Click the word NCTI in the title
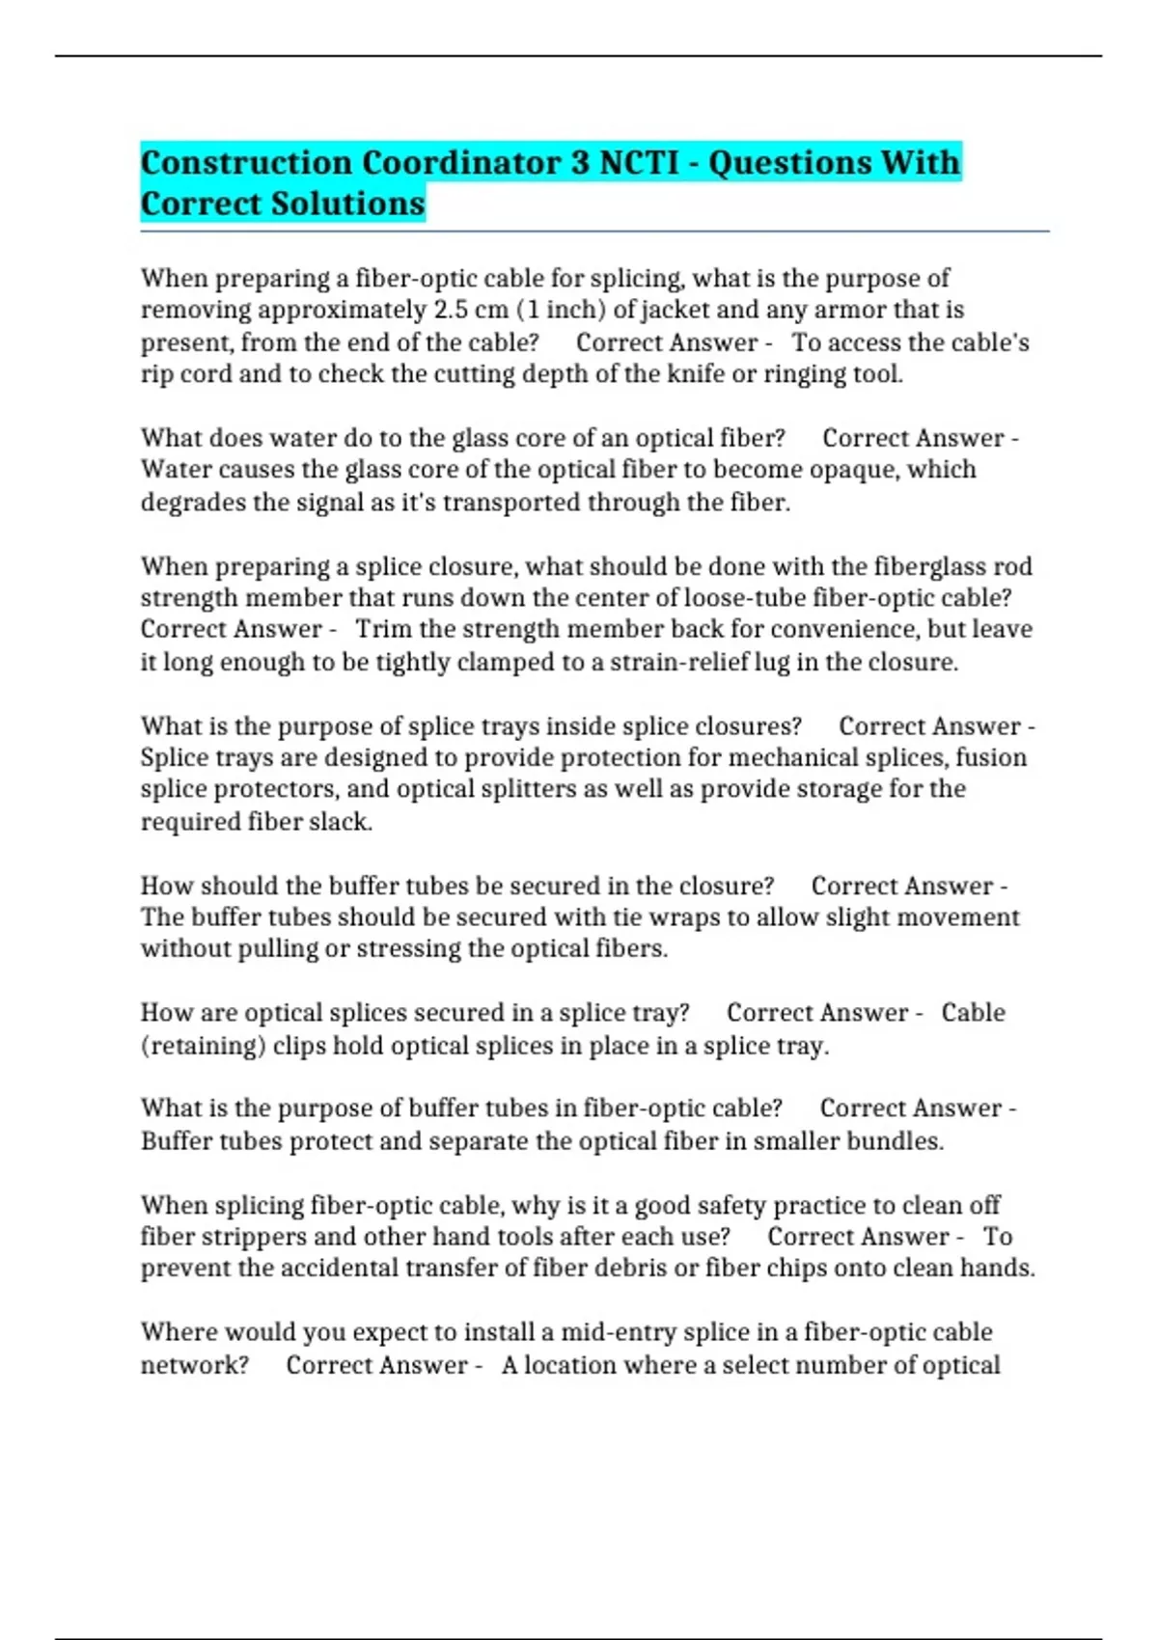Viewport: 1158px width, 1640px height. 639,162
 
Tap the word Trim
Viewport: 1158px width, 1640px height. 383,629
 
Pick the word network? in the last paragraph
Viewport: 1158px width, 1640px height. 194,1365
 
